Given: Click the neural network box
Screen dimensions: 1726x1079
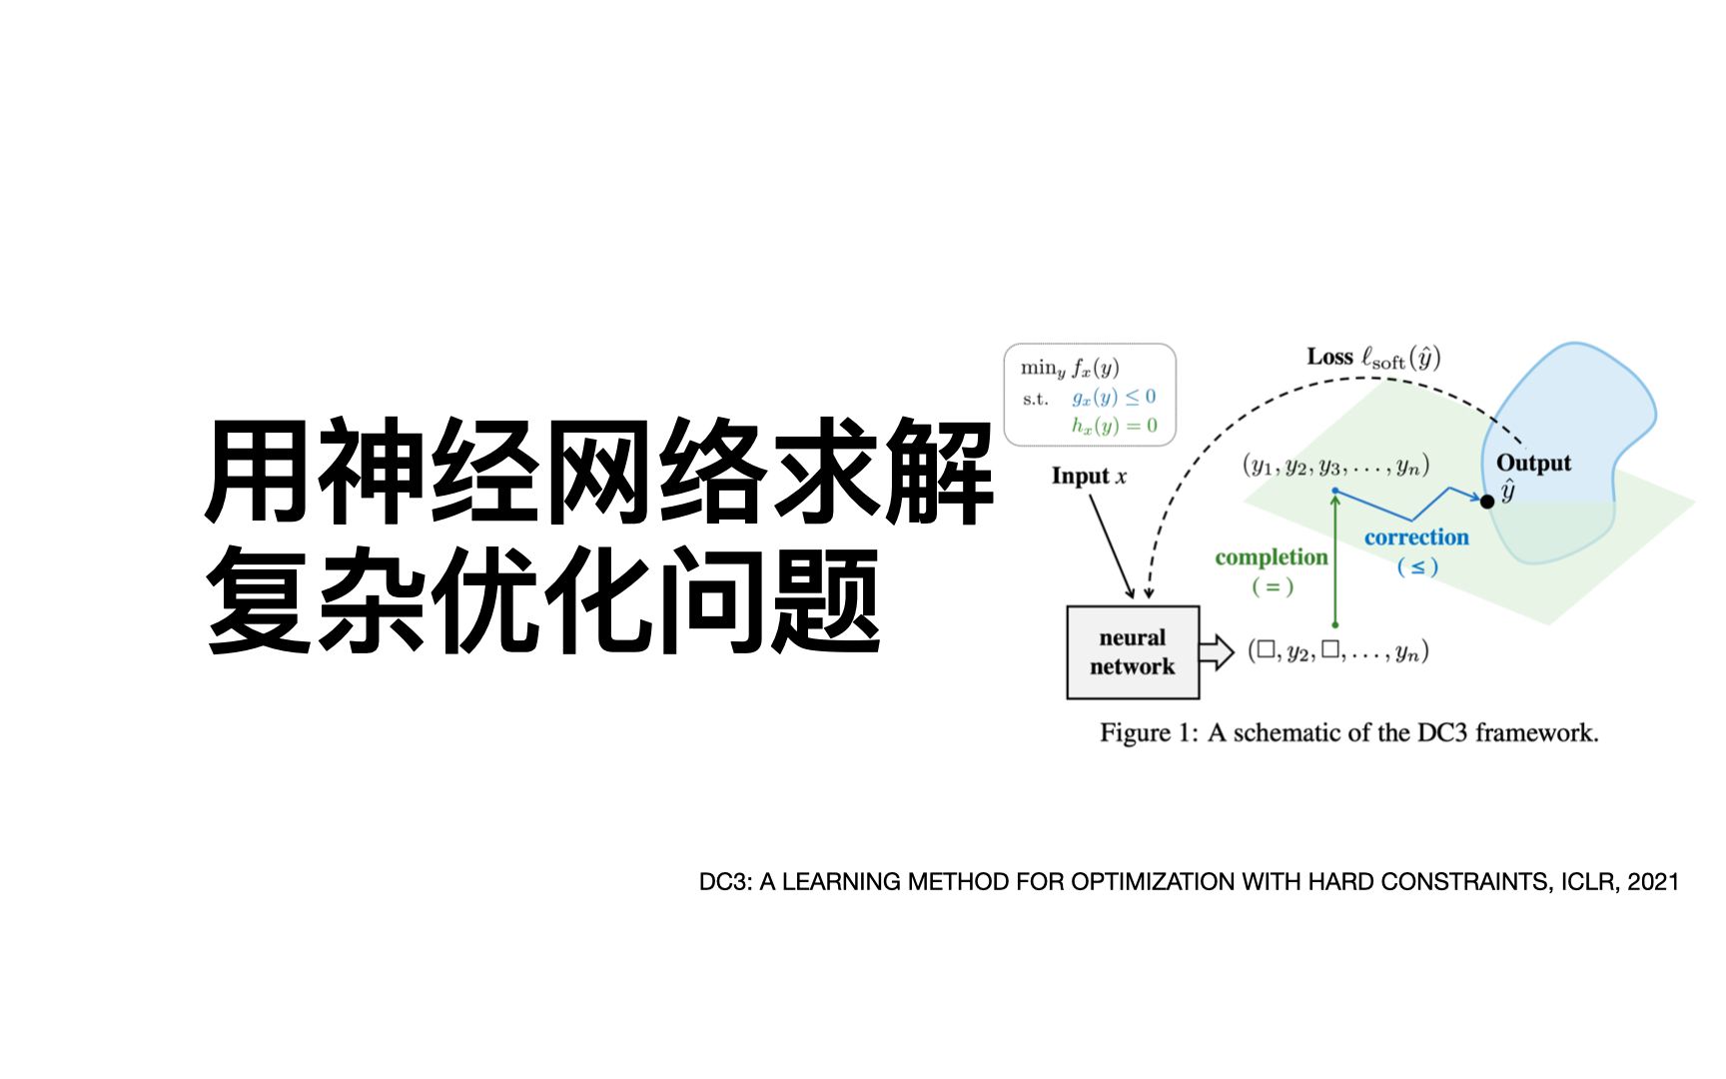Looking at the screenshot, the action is tap(1133, 651).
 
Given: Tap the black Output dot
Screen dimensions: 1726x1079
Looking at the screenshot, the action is tap(1487, 501).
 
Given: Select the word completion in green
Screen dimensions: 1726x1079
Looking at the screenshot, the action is tap(1272, 556).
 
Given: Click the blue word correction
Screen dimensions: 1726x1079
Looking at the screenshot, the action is tap(1416, 537).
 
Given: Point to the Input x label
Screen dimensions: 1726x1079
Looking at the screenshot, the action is tap(1089, 477).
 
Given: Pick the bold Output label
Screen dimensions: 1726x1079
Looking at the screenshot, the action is tap(1533, 463).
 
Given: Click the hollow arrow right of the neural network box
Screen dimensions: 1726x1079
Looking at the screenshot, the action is tap(1217, 651).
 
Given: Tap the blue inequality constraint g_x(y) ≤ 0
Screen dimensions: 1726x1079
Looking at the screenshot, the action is tap(1114, 397).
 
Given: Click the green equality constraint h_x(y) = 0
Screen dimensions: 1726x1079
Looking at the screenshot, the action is tap(1115, 426).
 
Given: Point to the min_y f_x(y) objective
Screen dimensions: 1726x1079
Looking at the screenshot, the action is tap(1070, 368).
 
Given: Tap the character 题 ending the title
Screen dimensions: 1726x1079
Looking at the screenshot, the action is tap(828, 599).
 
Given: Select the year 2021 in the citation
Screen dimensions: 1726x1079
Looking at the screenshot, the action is tap(1653, 882).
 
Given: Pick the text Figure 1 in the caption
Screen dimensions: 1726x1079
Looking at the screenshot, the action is tap(1149, 732).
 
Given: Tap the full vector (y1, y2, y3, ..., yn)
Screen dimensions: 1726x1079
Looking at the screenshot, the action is tap(1336, 466).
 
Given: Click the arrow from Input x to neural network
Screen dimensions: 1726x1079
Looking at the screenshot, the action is tap(1112, 545).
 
